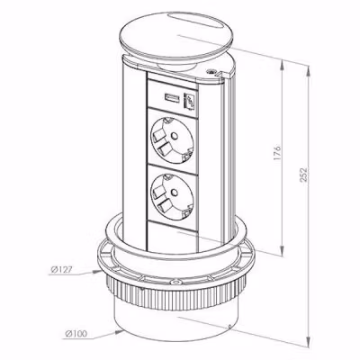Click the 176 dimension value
point(277,153)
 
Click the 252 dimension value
point(303,175)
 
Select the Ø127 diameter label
point(61,270)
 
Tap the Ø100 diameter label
point(76,333)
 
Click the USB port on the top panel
point(172,98)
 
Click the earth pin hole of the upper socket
point(173,137)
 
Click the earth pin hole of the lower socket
point(173,192)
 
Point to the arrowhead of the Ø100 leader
point(119,332)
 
